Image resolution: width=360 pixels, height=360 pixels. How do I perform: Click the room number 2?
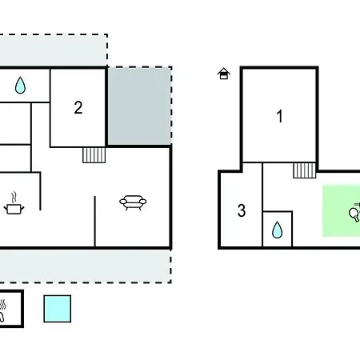78,107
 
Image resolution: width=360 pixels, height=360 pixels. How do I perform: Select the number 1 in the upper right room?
279,116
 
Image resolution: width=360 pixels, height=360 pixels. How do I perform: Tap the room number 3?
242,210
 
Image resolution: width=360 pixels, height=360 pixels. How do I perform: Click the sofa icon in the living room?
133,202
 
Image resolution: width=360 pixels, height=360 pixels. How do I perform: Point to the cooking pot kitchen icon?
14,208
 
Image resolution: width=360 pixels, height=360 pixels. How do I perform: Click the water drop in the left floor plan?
20,85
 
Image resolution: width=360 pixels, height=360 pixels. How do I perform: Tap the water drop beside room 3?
277,230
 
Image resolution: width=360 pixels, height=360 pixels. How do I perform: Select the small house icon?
224,74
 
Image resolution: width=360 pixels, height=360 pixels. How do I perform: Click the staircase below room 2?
94,155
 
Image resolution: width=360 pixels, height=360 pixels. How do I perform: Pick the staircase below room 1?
305,170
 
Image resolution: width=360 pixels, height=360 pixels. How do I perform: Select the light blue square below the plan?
58,309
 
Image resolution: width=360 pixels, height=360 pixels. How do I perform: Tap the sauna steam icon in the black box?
2,310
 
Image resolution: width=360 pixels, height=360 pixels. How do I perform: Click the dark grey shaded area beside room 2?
139,106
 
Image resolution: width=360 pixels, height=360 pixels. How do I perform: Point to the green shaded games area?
341,211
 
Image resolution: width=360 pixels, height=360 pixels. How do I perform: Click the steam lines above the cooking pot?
14,198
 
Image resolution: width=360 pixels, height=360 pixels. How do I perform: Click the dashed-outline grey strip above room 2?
54,50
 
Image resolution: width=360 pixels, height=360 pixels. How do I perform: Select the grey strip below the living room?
86,266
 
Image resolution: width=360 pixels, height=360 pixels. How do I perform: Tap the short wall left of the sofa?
94,222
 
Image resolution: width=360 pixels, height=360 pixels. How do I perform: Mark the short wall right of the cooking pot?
40,191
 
